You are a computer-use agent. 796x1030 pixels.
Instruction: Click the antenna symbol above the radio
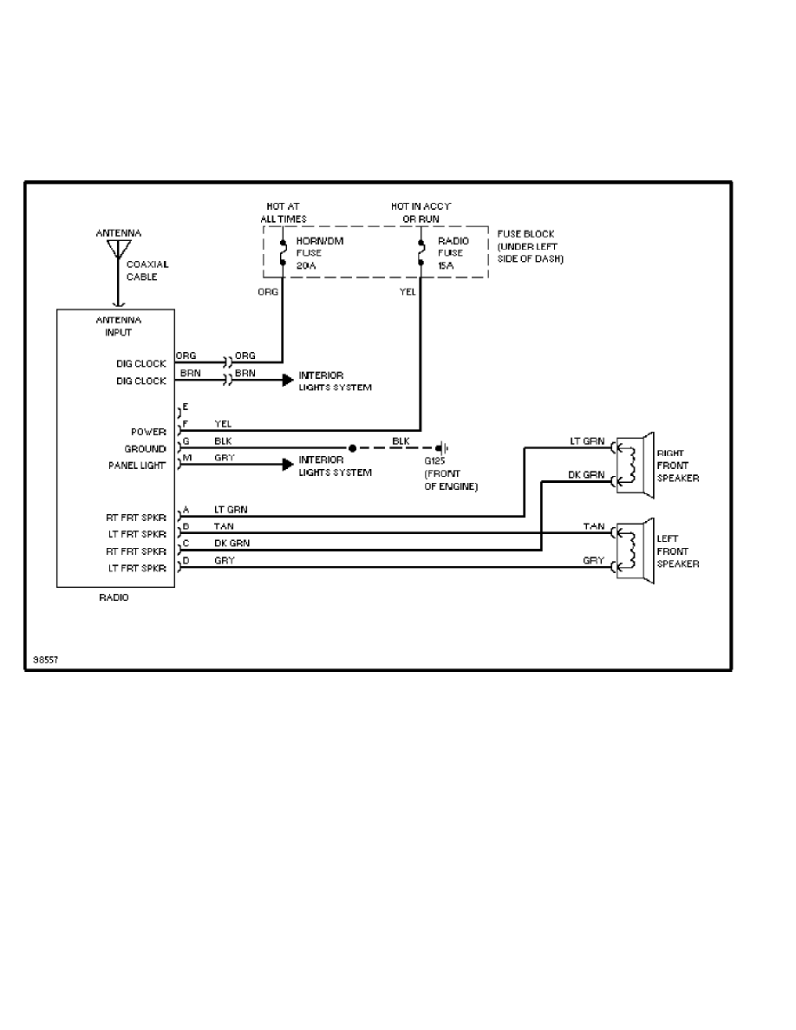pos(115,250)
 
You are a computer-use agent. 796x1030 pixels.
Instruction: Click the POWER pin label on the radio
pos(149,431)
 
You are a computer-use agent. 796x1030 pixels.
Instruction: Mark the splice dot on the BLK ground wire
pos(352,448)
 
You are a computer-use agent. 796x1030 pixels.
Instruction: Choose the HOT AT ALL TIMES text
pos(283,212)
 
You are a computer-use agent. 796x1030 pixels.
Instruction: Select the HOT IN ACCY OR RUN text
pos(421,212)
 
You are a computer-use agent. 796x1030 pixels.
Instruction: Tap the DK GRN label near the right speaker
pos(586,475)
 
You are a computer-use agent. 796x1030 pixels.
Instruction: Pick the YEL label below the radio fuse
pos(408,292)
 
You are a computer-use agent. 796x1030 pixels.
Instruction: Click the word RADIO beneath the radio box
pos(114,597)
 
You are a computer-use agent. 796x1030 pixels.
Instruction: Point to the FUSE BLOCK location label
pos(530,246)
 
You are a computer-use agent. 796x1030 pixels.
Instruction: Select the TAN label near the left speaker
pos(593,526)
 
